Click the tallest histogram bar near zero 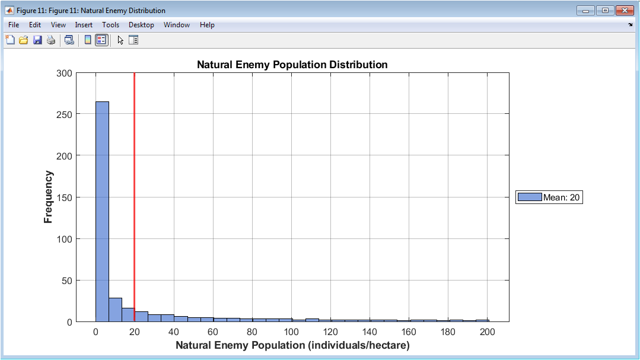click(102, 211)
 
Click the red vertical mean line click(134, 197)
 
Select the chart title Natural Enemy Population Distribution click(292, 65)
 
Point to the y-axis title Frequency click(48, 197)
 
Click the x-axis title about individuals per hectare click(292, 345)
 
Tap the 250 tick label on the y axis click(64, 114)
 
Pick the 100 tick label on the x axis click(291, 332)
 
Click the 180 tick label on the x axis click(448, 332)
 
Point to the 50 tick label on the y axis click(66, 281)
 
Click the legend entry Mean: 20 click(549, 197)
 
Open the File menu click(14, 25)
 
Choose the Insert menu click(84, 25)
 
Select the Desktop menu click(141, 25)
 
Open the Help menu click(207, 25)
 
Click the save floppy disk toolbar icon click(37, 40)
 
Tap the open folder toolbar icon click(24, 40)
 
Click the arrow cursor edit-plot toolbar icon click(120, 40)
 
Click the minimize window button click(585, 11)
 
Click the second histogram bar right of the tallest click(128, 315)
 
